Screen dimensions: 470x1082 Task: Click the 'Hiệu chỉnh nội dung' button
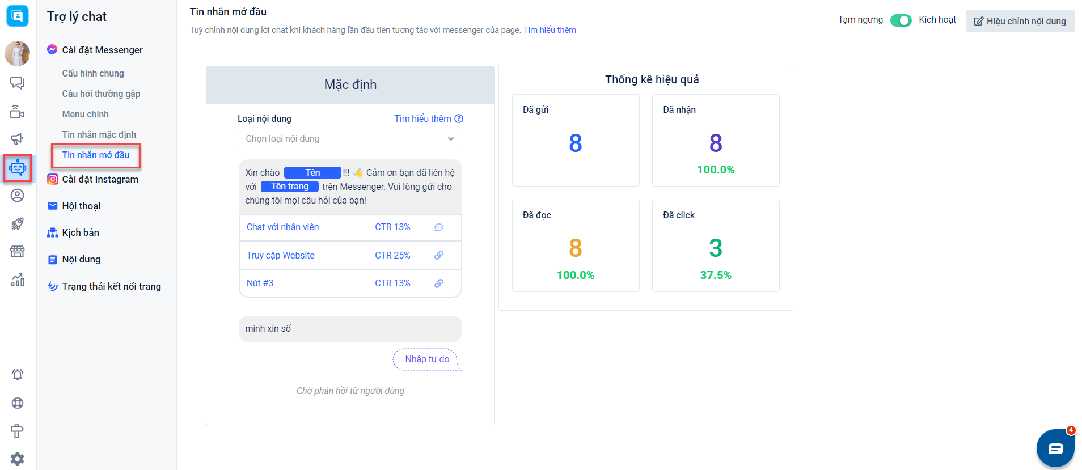[x=1020, y=21]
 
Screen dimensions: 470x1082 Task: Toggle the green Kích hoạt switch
[x=901, y=20]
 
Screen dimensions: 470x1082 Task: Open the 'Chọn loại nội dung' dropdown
[x=350, y=139]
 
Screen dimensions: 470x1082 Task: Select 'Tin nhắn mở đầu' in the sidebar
[x=96, y=155]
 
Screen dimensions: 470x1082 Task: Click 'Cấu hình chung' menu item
[x=93, y=74]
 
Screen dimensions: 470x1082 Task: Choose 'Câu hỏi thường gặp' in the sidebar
[x=101, y=94]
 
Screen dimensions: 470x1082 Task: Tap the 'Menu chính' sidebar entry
[x=85, y=115]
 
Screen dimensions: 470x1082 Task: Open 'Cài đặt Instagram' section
[x=100, y=180]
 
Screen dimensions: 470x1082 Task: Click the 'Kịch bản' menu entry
[x=81, y=233]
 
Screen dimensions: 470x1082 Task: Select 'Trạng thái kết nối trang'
[x=111, y=287]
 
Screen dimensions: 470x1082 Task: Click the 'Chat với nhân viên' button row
[x=282, y=227]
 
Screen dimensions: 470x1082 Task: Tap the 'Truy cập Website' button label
[x=280, y=256]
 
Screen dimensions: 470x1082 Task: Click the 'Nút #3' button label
[x=260, y=283]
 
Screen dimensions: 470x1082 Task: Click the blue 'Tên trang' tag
[x=290, y=187]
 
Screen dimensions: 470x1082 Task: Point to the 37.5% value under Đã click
[x=716, y=276]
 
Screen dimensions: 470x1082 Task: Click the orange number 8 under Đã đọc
[x=575, y=248]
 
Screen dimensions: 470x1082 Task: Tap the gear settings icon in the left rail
[x=18, y=459]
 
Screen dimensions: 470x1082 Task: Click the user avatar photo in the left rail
[x=18, y=53]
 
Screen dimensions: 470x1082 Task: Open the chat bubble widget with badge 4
[x=1055, y=448]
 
